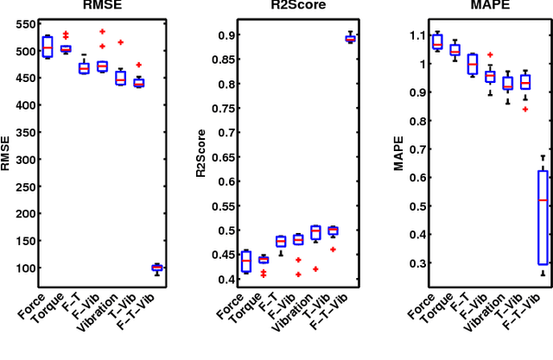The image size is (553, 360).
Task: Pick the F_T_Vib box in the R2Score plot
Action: pos(350,38)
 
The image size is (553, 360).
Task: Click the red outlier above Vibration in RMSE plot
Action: pos(120,41)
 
